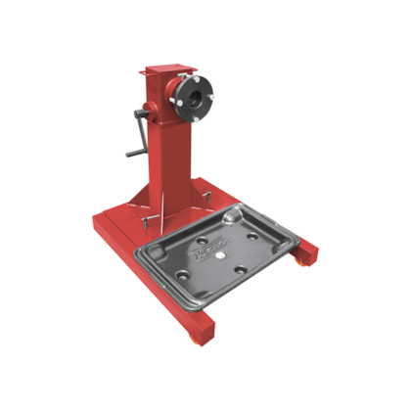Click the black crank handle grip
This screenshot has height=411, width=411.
tap(130, 153)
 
